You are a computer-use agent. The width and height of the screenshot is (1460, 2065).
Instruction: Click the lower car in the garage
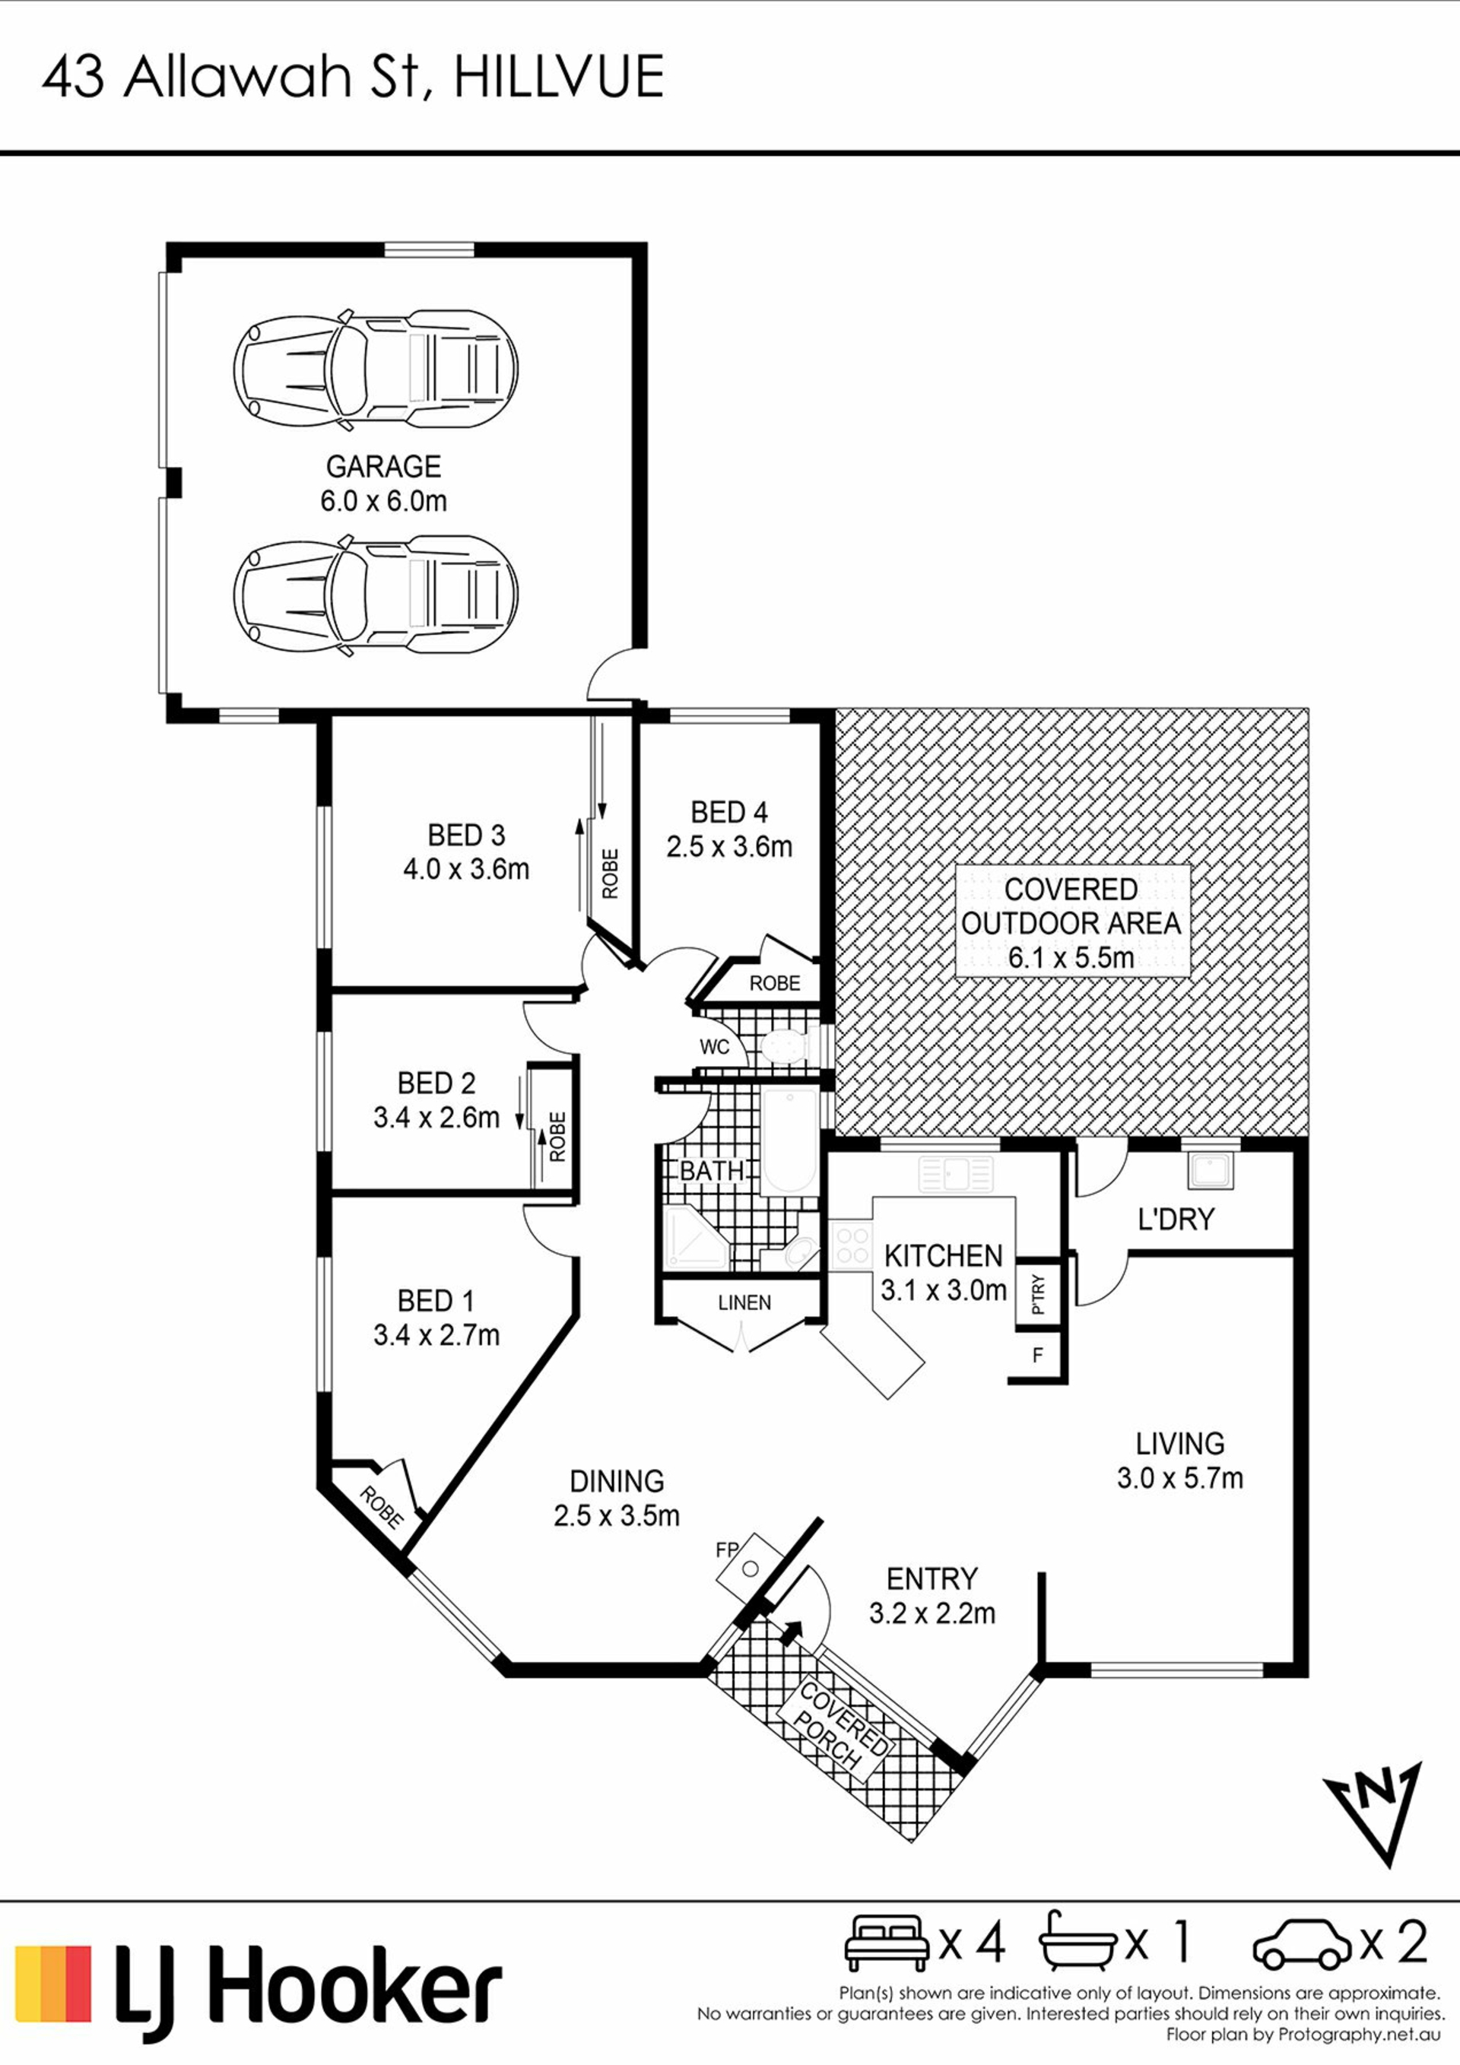tap(375, 595)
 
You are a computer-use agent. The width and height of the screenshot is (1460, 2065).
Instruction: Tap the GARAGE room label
tap(383, 467)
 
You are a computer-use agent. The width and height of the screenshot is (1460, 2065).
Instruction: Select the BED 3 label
tap(466, 836)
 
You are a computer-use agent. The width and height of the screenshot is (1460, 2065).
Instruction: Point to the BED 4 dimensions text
tap(728, 847)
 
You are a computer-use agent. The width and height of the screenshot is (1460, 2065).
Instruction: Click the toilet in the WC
tap(783, 1046)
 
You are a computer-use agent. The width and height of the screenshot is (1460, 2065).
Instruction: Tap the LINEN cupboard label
tap(744, 1302)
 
